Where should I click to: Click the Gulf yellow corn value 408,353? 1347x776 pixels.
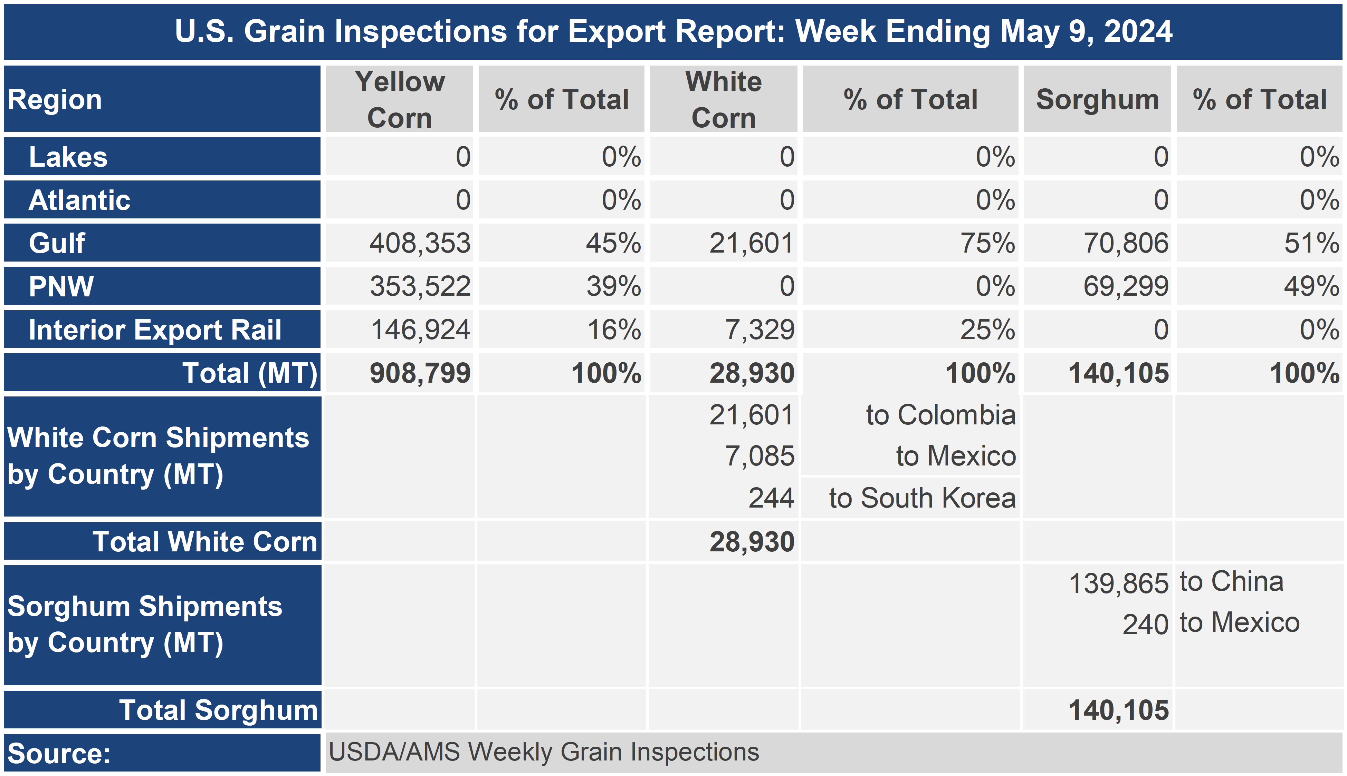tap(420, 243)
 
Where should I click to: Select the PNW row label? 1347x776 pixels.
tap(61, 286)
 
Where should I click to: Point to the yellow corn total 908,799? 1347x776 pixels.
tap(420, 373)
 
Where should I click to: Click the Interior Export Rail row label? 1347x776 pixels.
tap(155, 330)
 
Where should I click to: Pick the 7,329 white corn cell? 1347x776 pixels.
tap(760, 330)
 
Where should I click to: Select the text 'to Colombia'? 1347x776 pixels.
tap(940, 415)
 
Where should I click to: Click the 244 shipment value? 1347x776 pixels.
tap(771, 498)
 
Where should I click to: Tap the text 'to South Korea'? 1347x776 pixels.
tap(923, 498)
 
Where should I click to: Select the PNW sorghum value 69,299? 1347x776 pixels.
tap(1126, 286)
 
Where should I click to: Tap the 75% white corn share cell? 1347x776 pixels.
tap(987, 243)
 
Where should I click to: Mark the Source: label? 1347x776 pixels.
tap(59, 753)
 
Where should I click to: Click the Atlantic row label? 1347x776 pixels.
tap(79, 200)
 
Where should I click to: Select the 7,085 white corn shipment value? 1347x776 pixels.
tap(760, 456)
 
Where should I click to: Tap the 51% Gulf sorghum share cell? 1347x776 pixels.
tap(1312, 243)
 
